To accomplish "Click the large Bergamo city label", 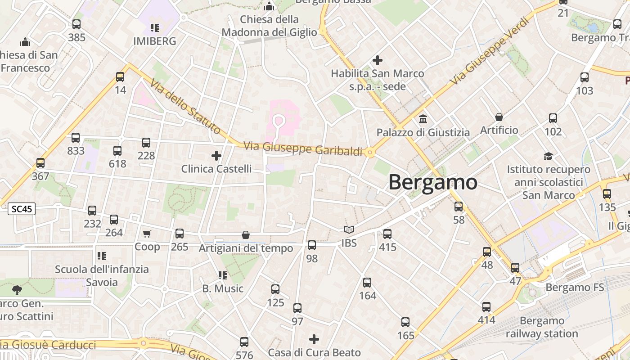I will point(432,182).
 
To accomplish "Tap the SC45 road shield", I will point(22,209).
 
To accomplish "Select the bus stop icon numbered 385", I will point(76,24).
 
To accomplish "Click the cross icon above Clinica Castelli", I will point(216,156).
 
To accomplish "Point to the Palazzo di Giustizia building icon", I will point(423,119).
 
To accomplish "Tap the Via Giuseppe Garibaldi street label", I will point(303,149).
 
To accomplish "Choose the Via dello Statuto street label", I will point(185,107).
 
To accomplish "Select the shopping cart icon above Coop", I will point(147,234).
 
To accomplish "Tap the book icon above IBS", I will point(349,230).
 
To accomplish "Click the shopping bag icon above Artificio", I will point(499,117).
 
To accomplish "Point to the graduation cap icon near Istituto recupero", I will point(548,156).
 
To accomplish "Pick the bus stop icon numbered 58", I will point(459,207).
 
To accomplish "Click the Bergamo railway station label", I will point(542,327).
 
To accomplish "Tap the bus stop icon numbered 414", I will point(486,307).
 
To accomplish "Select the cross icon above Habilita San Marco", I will point(378,60).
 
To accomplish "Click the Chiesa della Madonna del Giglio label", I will point(269,26).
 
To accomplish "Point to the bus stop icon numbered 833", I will point(76,138).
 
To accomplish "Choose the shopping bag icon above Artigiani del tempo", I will point(246,235).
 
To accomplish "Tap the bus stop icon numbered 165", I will point(405,322).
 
